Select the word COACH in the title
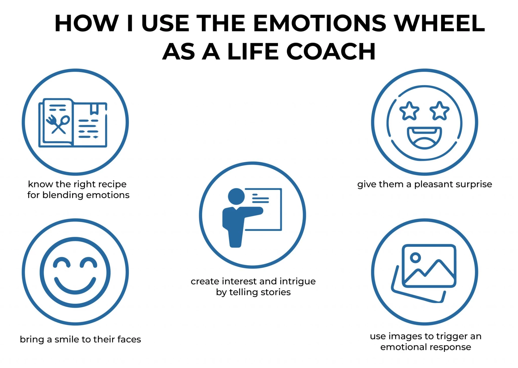pos(331,52)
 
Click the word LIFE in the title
pos(253,52)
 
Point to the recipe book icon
pos(73,123)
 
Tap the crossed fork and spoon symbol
pos(58,124)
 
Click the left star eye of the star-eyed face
pos(409,111)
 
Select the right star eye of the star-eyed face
pos(439,111)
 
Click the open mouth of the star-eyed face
pos(424,138)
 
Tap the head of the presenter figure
pos(236,196)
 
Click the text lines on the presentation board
pos(260,199)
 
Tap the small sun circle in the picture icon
pos(415,258)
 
